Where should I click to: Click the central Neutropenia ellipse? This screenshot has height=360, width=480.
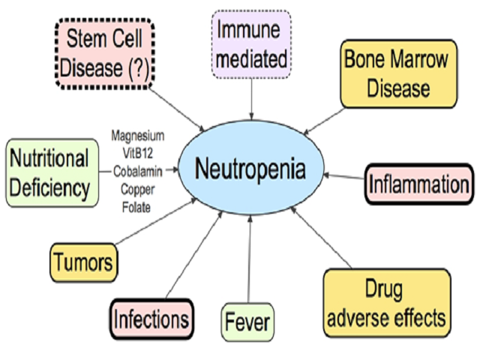point(250,168)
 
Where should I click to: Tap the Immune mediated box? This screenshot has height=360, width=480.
point(250,43)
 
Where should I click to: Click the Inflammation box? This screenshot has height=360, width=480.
point(419,184)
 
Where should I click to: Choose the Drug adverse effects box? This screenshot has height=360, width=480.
point(386,303)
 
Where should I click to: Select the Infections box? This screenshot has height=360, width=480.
point(151,319)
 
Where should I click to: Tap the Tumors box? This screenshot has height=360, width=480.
point(84,262)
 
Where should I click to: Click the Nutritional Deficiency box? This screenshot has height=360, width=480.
point(49,172)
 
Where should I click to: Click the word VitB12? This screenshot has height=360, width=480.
point(137,152)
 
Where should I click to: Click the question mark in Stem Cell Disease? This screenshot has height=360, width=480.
point(138,68)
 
